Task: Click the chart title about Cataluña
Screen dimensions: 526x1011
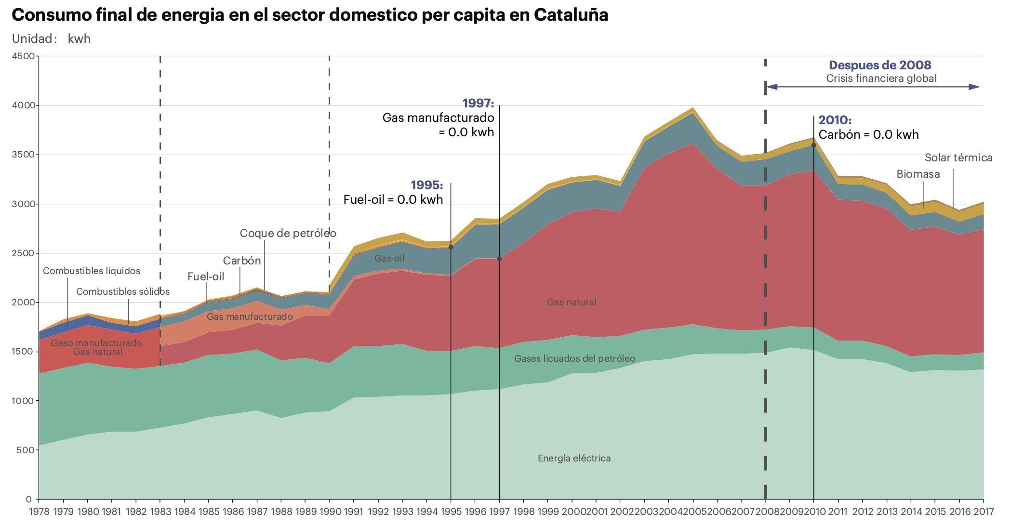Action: coord(309,15)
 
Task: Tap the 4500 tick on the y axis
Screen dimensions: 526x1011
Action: coord(23,56)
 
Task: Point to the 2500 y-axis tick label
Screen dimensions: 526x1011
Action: coord(23,253)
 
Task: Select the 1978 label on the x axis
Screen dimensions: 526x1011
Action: coord(40,511)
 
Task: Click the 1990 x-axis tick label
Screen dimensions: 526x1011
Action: coord(330,511)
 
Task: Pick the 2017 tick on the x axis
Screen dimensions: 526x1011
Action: coord(983,511)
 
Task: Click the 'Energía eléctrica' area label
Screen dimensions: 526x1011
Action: coord(574,458)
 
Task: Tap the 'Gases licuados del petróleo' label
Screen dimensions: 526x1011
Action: coord(574,358)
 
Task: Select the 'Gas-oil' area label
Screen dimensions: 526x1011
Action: coord(389,258)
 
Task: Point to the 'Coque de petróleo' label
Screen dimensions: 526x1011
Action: coord(288,233)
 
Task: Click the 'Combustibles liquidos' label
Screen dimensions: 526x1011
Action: coord(92,271)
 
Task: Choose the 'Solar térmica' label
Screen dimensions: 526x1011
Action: coord(958,158)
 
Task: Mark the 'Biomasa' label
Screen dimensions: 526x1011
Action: coord(918,174)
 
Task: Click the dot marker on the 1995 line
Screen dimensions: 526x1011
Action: coord(451,247)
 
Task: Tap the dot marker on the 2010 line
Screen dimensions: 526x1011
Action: coord(813,145)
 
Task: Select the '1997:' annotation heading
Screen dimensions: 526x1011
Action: coord(478,103)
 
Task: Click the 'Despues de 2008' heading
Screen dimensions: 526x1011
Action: coord(879,65)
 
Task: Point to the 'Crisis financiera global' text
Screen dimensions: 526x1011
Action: coord(881,78)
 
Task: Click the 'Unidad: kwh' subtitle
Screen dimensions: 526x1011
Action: coord(51,39)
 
